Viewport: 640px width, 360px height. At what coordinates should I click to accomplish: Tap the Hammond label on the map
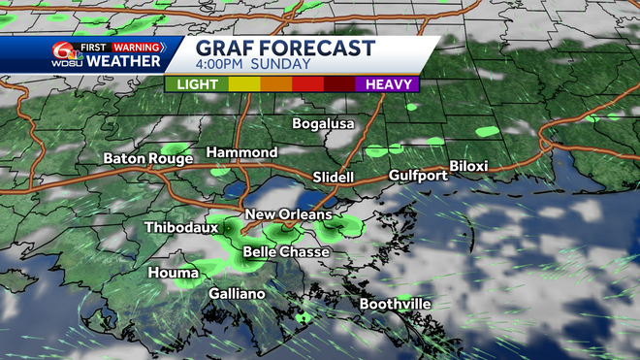point(241,153)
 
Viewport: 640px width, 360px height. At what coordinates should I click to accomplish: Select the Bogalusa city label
point(325,124)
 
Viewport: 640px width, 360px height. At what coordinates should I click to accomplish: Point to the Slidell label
point(334,178)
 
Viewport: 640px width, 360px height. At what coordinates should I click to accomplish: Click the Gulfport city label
point(418,176)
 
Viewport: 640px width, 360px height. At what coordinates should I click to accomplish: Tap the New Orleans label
point(288,214)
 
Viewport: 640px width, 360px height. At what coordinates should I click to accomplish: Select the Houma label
point(173,273)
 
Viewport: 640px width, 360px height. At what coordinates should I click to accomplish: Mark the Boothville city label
point(395,304)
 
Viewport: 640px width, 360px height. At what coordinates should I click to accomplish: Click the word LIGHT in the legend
point(197,84)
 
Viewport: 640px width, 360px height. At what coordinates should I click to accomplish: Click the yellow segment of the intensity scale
point(243,84)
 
